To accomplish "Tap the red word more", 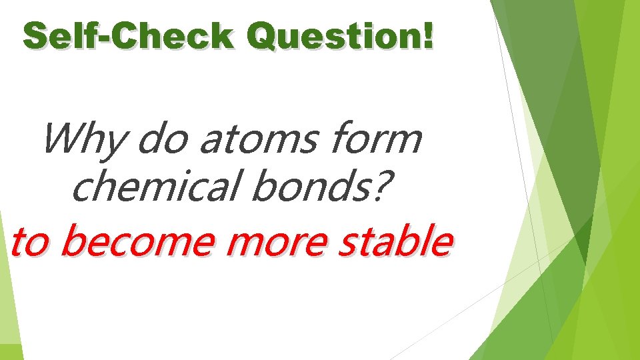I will [x=277, y=242].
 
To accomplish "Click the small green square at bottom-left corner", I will [x=11, y=351].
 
